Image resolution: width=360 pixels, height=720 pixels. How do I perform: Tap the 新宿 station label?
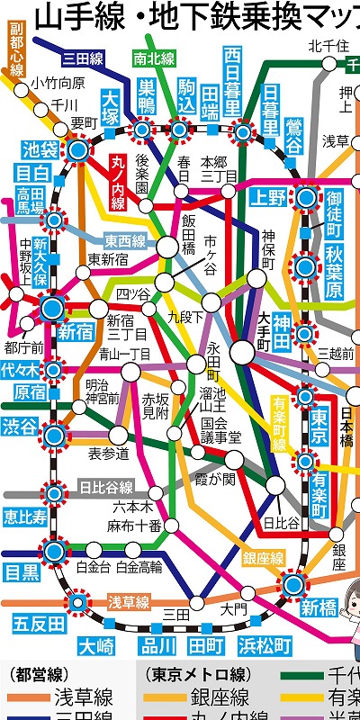75,332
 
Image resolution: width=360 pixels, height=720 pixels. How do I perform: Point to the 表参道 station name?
108,454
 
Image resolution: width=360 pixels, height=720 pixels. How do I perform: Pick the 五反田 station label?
40,623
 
